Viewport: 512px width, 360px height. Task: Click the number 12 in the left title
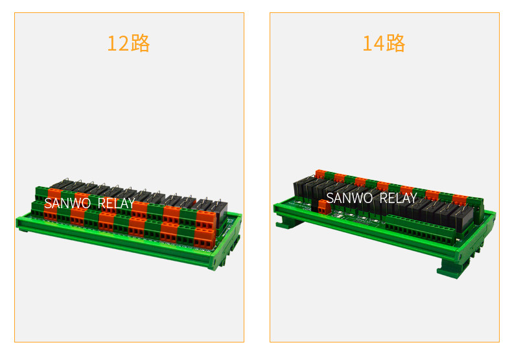click(118, 43)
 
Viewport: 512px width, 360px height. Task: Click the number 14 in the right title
click(373, 43)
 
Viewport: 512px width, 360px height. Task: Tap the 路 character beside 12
click(140, 43)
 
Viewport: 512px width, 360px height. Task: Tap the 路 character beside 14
click(395, 43)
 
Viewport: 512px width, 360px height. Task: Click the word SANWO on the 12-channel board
click(67, 203)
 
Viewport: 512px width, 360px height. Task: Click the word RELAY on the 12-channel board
click(116, 203)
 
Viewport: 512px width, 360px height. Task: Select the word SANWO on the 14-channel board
click(349, 198)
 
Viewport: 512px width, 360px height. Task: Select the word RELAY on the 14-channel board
click(399, 198)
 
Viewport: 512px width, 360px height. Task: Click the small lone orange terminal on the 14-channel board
click(323, 207)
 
